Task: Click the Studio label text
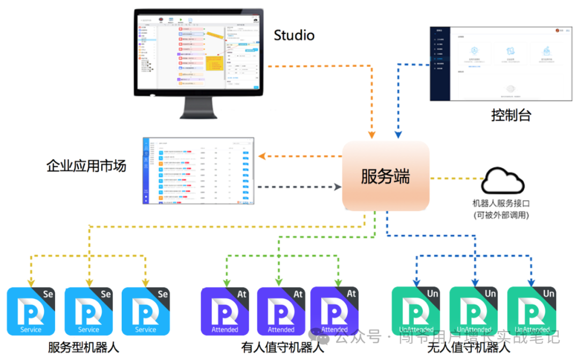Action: coord(294,35)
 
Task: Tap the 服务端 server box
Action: coord(385,177)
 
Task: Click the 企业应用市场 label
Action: coord(86,166)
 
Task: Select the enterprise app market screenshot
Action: coord(198,171)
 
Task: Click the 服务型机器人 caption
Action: coord(83,347)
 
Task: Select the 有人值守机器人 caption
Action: coord(283,347)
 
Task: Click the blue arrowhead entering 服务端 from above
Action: coord(398,134)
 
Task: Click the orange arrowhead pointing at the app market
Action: coord(262,156)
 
